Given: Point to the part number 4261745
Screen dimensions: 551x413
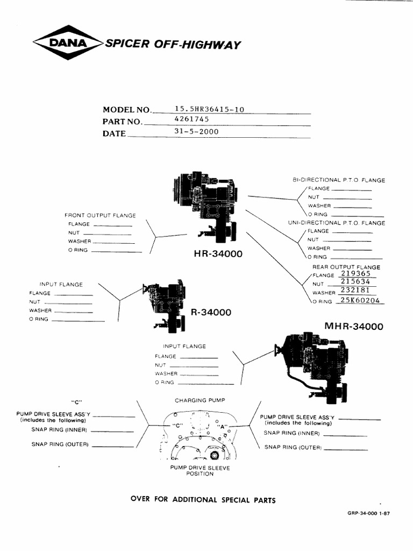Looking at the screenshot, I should point(188,120).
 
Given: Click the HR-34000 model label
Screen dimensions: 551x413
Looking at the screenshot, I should point(218,253).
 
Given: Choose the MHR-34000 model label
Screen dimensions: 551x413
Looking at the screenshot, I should point(354,326).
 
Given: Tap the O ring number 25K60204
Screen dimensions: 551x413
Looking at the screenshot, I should point(359,301).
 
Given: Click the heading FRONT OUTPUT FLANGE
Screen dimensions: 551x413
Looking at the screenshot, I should point(100,215).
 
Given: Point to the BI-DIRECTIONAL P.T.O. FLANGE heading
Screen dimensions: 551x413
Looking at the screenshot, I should point(339,180).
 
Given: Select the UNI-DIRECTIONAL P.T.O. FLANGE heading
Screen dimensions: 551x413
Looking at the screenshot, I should point(337,223).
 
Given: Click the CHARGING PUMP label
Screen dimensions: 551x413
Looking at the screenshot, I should point(200,401).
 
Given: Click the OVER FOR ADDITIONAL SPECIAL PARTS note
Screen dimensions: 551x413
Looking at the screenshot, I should point(203,500).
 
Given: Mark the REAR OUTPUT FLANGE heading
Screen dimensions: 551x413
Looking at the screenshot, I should point(346,267).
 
